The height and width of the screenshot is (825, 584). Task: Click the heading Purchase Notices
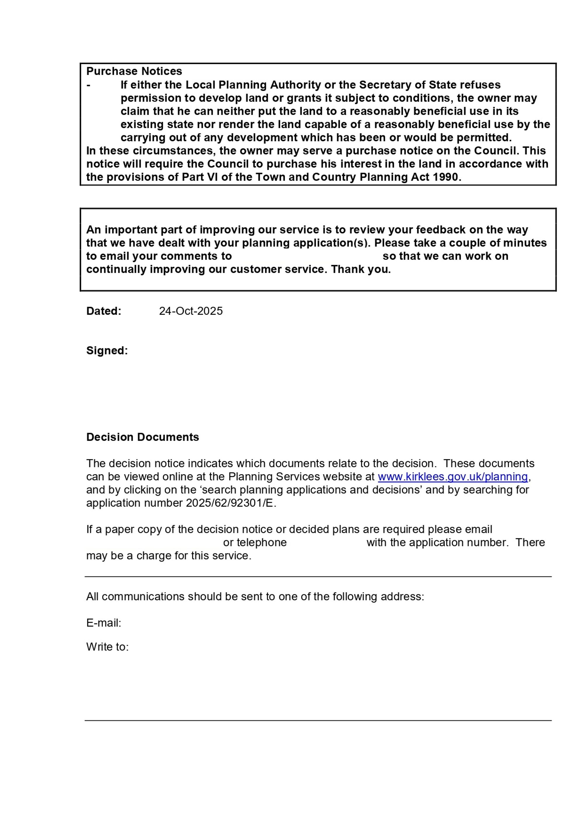134,71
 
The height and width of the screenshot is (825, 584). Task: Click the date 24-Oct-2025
191,311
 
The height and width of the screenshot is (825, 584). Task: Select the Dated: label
104,311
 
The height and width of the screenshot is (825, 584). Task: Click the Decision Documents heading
142,437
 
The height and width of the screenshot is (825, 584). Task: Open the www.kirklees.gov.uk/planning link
452,477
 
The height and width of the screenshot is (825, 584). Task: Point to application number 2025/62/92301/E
230,503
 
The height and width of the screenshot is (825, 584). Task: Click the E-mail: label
104,623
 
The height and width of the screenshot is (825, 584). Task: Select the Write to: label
107,647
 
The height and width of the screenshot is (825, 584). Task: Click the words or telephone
255,542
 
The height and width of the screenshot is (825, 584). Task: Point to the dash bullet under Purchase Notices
88,85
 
